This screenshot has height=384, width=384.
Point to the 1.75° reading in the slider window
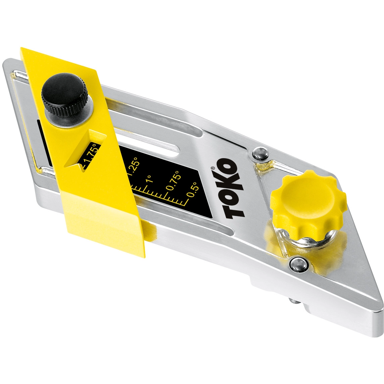pos(90,155)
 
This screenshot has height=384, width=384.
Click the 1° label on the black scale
pos(149,179)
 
